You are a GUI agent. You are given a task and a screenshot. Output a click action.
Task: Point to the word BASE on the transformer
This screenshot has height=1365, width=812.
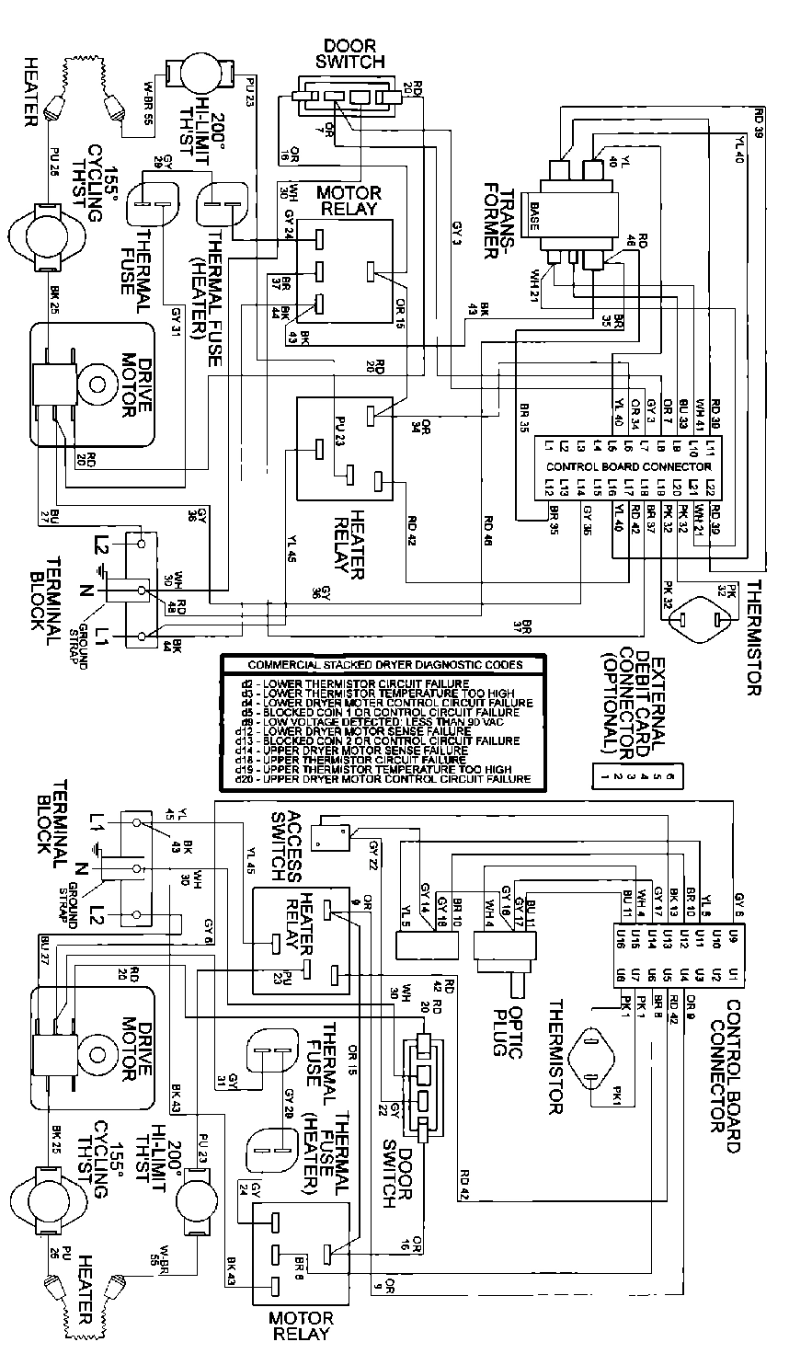[533, 212]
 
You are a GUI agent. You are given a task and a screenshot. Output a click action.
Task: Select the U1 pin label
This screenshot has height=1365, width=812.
[731, 972]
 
